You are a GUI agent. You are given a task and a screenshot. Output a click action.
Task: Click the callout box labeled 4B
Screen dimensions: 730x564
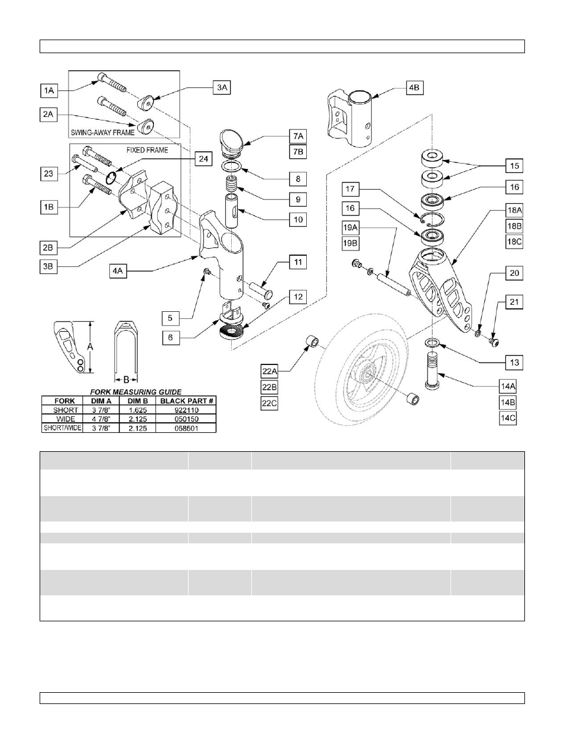pyautogui.click(x=414, y=88)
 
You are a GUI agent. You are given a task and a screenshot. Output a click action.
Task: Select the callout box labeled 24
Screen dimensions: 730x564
pyautogui.click(x=203, y=158)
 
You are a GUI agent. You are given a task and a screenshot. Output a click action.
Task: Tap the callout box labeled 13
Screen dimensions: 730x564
pyautogui.click(x=514, y=363)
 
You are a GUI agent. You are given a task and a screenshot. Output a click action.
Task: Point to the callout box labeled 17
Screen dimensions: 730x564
pyautogui.click(x=351, y=189)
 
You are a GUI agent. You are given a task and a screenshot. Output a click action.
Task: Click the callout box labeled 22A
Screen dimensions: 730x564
pyautogui.click(x=270, y=371)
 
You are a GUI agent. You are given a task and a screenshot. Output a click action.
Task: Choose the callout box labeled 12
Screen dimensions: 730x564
pyautogui.click(x=298, y=296)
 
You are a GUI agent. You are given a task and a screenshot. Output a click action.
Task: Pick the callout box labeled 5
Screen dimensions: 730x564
pyautogui.click(x=170, y=318)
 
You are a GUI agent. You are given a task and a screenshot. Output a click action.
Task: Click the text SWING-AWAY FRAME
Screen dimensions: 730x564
pyautogui.click(x=102, y=132)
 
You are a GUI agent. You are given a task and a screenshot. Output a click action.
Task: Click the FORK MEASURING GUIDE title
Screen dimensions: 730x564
pyautogui.click(x=135, y=391)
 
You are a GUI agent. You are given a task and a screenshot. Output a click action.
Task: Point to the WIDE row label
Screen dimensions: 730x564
pyautogui.click(x=65, y=419)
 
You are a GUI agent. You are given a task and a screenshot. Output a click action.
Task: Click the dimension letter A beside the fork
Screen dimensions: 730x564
pyautogui.click(x=91, y=347)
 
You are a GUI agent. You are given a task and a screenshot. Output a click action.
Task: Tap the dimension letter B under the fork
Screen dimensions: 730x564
pyautogui.click(x=125, y=379)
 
